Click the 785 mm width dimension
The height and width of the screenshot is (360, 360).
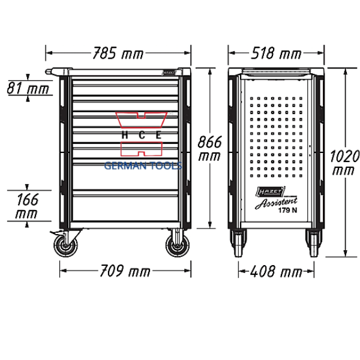click(118, 54)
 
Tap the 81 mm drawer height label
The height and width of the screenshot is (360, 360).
click(27, 90)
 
